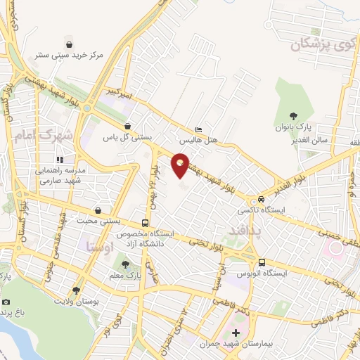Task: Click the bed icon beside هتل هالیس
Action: (198, 130)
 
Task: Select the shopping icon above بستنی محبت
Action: (97, 210)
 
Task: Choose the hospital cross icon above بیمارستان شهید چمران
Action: (236, 333)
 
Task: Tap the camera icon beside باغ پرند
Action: (6, 302)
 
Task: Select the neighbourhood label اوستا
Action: (97, 246)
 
